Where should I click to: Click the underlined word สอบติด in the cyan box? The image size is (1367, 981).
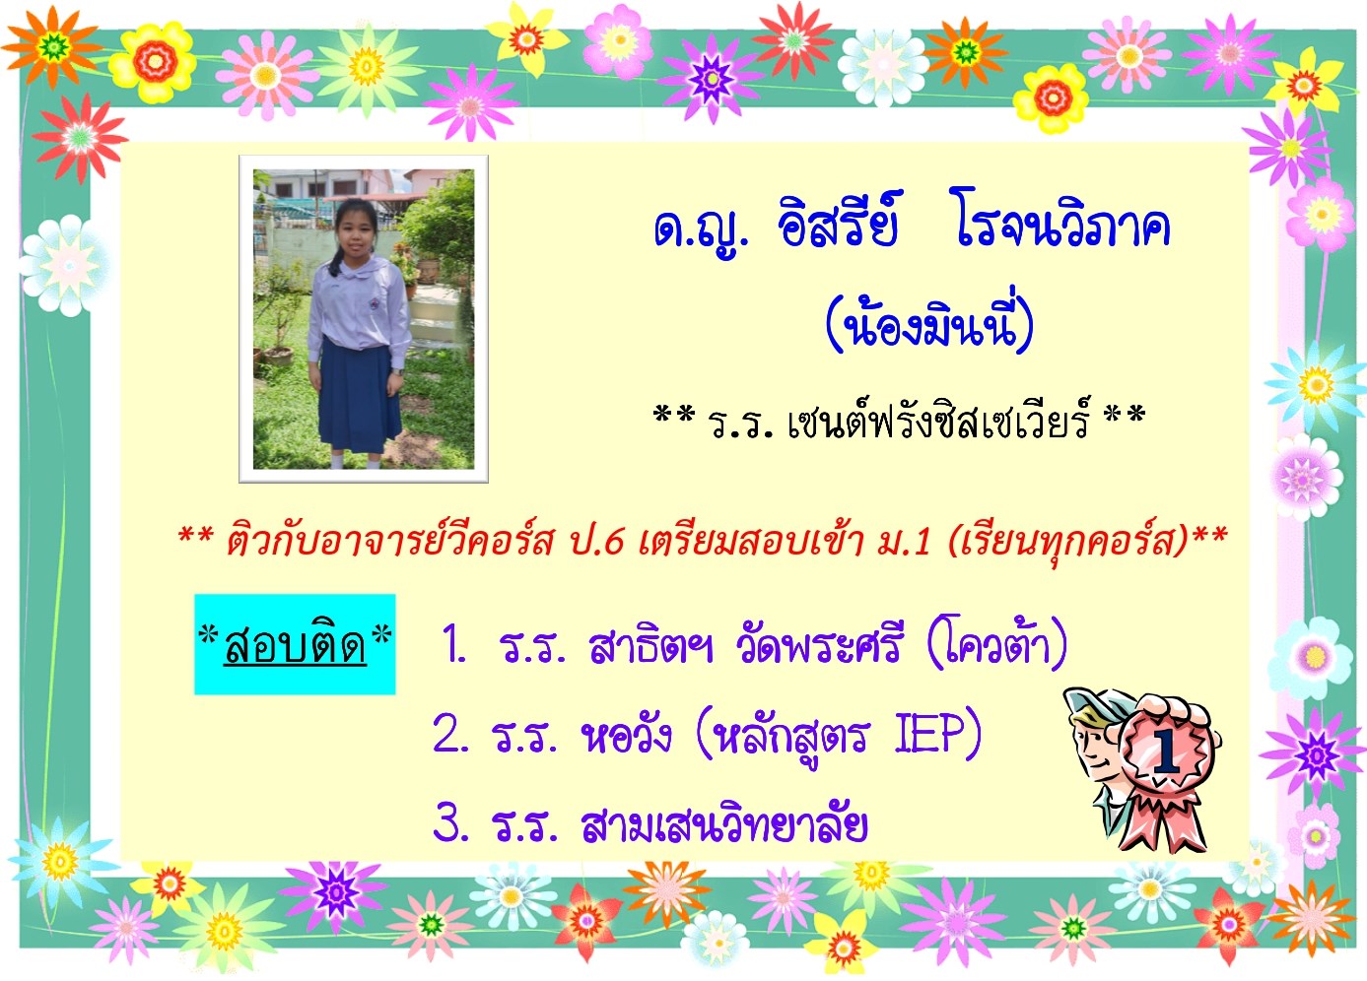[296, 645]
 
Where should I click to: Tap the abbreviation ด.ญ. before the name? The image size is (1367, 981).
[701, 229]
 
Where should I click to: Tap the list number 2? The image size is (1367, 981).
[450, 735]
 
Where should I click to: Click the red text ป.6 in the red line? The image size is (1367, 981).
[596, 540]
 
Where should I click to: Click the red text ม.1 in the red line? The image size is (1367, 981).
[903, 540]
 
